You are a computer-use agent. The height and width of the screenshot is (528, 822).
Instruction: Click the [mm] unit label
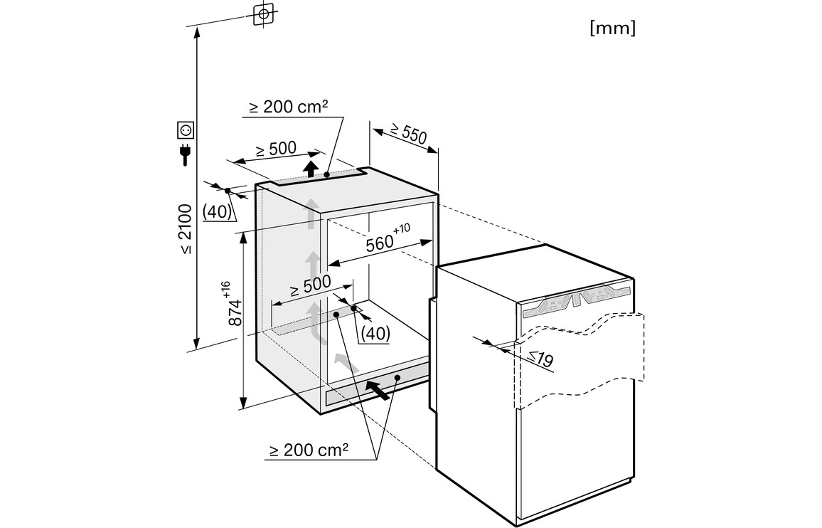[x=612, y=28]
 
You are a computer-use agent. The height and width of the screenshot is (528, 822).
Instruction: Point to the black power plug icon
[x=186, y=154]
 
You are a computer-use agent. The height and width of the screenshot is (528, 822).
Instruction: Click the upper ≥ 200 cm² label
[x=288, y=108]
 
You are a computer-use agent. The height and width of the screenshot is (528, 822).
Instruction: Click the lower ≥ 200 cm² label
[x=309, y=450]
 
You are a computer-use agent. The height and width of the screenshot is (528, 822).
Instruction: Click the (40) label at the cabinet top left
[x=216, y=211]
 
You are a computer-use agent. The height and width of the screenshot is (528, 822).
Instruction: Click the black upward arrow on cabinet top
[x=310, y=169]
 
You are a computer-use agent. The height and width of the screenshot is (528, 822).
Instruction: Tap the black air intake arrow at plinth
[x=378, y=389]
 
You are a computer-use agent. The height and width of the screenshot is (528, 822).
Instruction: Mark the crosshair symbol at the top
[x=264, y=14]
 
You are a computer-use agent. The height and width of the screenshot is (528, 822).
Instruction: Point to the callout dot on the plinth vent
[x=397, y=377]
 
